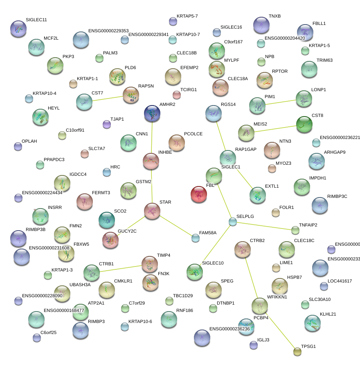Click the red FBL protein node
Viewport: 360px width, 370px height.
199,194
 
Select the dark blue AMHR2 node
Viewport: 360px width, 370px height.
152,113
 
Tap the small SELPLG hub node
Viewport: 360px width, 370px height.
233,222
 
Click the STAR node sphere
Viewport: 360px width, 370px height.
152,211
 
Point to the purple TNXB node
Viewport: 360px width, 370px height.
261,25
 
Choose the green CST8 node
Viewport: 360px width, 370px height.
304,124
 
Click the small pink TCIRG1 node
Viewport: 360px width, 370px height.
177,95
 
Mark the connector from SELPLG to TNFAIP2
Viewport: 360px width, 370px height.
264,226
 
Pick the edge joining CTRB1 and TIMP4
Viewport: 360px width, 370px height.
121,268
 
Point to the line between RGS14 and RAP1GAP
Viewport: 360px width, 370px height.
220,132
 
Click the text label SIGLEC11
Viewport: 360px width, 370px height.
36,20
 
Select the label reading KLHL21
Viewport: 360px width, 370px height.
328,314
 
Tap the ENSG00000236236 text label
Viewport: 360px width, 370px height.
229,329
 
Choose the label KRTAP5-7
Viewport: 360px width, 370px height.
187,16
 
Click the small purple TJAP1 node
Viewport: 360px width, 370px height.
107,124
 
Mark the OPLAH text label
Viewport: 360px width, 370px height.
29,141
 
